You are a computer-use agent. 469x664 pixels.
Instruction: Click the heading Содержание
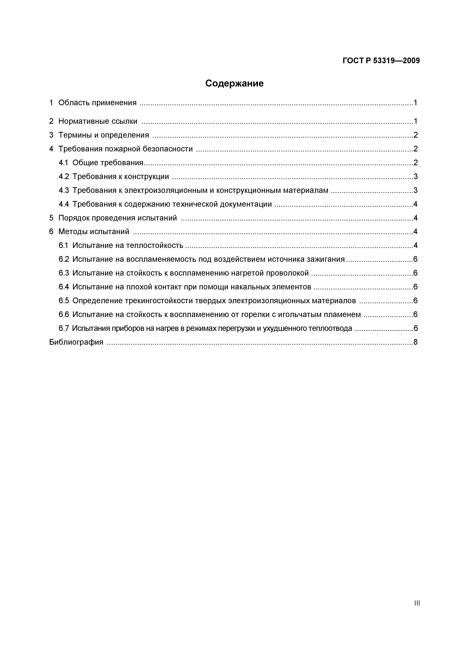(x=234, y=84)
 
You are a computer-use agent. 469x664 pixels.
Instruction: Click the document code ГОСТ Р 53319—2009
(x=381, y=61)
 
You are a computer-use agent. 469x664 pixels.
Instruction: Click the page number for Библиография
(x=415, y=342)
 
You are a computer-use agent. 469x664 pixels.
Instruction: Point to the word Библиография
(x=76, y=342)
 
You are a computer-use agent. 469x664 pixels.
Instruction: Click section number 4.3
(x=64, y=190)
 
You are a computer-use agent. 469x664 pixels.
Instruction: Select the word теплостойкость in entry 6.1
(x=155, y=245)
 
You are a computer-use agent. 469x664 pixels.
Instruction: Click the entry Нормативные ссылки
(x=98, y=121)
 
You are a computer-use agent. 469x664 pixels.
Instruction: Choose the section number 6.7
(x=64, y=328)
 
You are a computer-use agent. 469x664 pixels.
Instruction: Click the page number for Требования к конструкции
(x=415, y=176)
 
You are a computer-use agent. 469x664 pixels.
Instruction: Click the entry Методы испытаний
(x=94, y=232)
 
